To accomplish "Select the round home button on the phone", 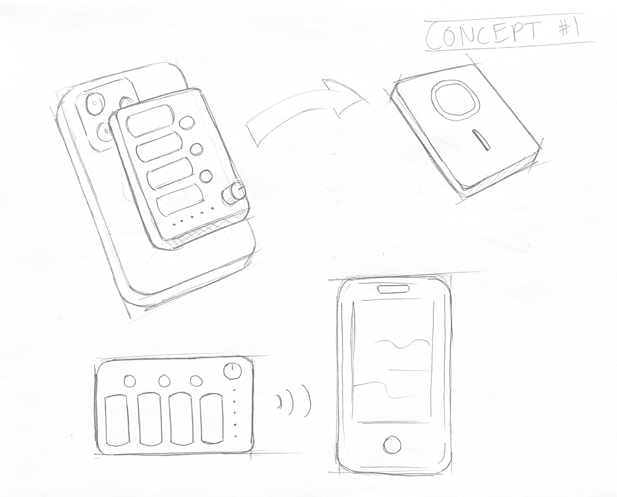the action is click(392, 445).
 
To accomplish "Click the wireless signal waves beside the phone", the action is click(294, 401).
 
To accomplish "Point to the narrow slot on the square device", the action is click(481, 140).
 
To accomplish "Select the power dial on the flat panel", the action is click(232, 371).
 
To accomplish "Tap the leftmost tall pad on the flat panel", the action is click(117, 420).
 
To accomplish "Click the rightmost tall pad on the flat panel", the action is click(212, 419).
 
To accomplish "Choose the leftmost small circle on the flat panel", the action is click(129, 381).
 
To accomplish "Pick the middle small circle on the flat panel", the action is click(163, 381).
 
